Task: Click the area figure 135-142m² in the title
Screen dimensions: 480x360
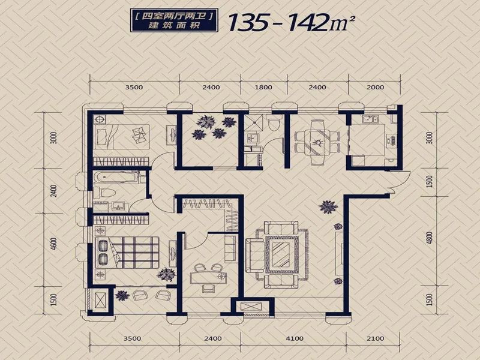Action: [x=292, y=22]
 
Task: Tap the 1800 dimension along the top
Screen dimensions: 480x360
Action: [x=263, y=87]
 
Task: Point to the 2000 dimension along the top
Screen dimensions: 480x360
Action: [x=376, y=87]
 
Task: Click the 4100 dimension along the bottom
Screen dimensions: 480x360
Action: [x=294, y=338]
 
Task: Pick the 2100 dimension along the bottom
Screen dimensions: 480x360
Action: [x=376, y=338]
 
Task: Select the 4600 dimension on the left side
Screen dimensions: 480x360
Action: [x=53, y=244]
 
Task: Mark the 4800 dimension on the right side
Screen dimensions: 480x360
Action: [x=430, y=238]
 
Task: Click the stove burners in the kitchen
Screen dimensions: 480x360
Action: [x=392, y=140]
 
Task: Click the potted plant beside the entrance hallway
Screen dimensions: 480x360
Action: [x=328, y=207]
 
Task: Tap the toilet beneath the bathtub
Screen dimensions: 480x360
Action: [x=104, y=193]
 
